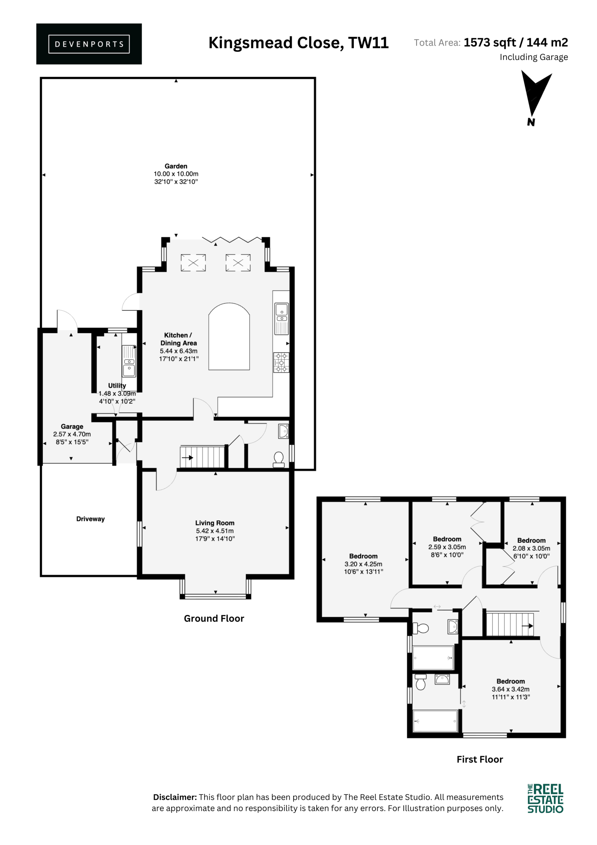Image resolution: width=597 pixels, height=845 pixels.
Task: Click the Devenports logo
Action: pos(89,44)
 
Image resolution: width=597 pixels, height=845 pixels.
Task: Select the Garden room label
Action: pos(176,166)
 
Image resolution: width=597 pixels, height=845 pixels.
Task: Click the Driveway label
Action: pos(90,519)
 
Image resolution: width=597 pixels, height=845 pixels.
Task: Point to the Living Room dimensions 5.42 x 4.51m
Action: pos(215,531)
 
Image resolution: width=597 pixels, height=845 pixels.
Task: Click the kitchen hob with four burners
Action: pos(281,362)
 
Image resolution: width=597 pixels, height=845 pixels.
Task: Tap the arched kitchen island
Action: pos(229,336)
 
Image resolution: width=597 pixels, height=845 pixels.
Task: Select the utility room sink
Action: pos(129,361)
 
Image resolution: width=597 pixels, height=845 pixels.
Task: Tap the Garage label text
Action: pos(72,426)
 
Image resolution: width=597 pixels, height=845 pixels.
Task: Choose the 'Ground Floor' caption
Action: pos(214,618)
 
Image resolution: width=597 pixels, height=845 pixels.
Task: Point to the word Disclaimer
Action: pos(175,797)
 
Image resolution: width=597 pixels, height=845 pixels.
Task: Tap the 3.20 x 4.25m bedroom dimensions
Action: pos(363,564)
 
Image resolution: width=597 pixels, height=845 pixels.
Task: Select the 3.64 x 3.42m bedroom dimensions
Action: pos(511,689)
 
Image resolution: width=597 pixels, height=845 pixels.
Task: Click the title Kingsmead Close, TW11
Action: pos(299,43)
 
